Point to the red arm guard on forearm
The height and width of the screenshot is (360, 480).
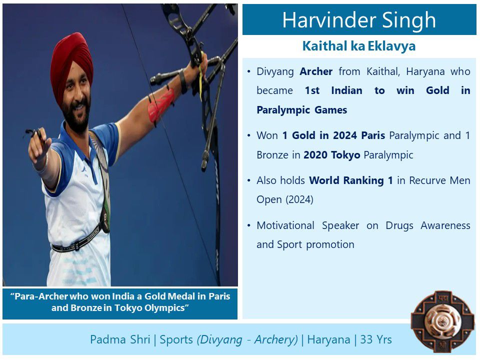[x=160, y=105]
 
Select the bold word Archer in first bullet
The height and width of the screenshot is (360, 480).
[x=316, y=71]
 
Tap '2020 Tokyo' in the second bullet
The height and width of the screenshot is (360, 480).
[x=331, y=154]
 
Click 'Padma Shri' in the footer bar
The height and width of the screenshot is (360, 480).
[x=120, y=339]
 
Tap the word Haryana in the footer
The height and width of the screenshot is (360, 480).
[x=328, y=339]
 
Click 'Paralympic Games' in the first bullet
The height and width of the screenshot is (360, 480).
[x=301, y=109]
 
